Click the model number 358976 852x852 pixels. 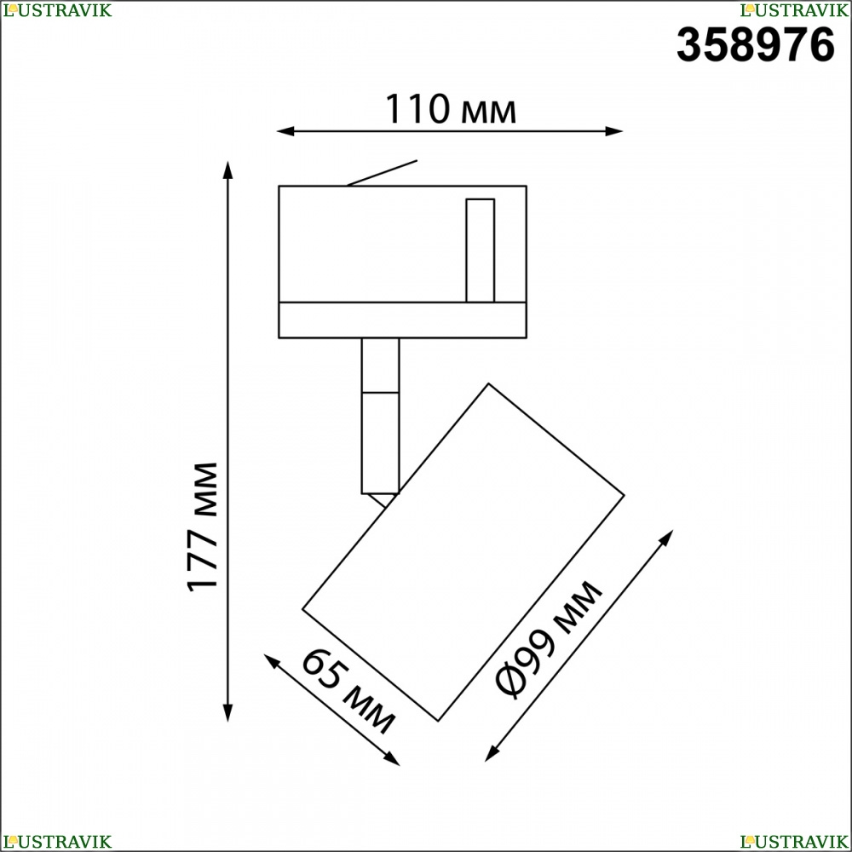(755, 45)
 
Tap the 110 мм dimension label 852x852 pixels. (451, 109)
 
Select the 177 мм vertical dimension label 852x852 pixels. (202, 527)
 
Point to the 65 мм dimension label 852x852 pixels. (348, 691)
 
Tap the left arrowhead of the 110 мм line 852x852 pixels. (285, 131)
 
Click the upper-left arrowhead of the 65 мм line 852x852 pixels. (271, 661)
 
